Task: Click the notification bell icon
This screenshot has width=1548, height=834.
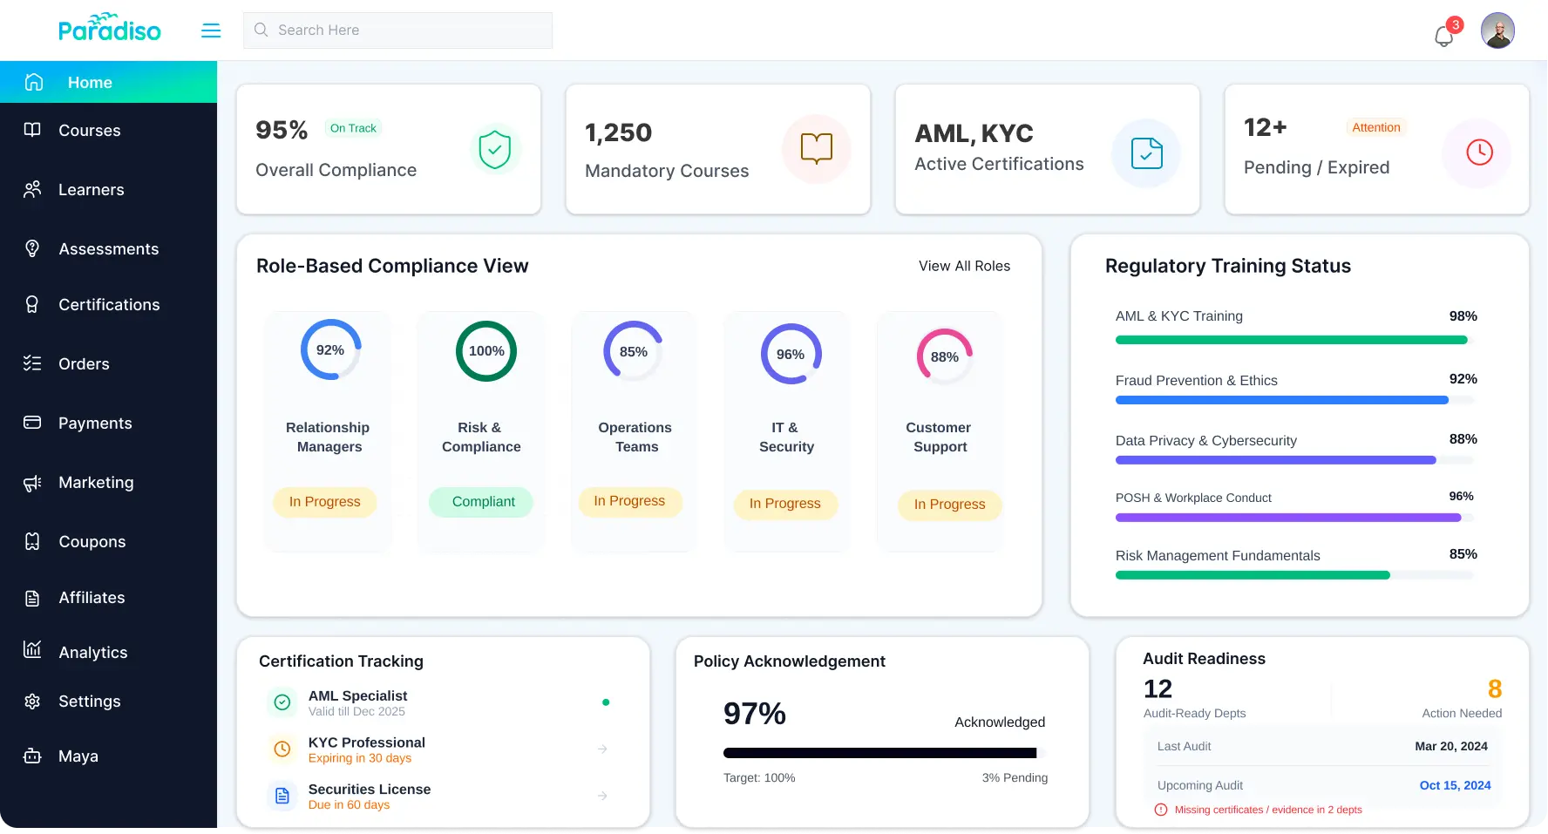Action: (x=1443, y=36)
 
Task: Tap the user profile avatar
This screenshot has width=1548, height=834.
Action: (x=1497, y=31)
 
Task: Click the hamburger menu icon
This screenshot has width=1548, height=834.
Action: (x=211, y=31)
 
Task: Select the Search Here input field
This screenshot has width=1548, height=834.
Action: (x=397, y=31)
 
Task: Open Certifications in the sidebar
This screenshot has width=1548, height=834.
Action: (x=109, y=305)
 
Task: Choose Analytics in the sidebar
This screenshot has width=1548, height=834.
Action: (x=92, y=652)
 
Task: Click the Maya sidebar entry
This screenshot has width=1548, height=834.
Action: (x=78, y=756)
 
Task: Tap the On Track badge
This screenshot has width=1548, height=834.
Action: (x=353, y=128)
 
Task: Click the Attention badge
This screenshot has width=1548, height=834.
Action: (x=1375, y=127)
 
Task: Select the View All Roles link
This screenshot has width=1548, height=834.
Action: (x=964, y=266)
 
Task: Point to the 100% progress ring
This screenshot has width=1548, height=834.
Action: (x=486, y=351)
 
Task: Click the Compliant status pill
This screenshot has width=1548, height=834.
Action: (x=483, y=502)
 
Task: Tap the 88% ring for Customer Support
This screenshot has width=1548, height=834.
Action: (x=944, y=357)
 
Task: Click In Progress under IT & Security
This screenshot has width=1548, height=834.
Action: (x=784, y=504)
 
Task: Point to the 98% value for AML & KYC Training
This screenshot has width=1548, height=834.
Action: (x=1463, y=316)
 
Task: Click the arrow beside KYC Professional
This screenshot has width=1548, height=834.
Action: (x=602, y=749)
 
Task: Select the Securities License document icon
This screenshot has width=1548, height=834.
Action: (x=282, y=796)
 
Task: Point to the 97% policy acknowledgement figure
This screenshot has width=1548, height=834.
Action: (x=755, y=714)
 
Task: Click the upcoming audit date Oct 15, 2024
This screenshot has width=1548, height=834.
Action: (x=1455, y=785)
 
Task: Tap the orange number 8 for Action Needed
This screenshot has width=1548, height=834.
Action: (x=1494, y=689)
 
